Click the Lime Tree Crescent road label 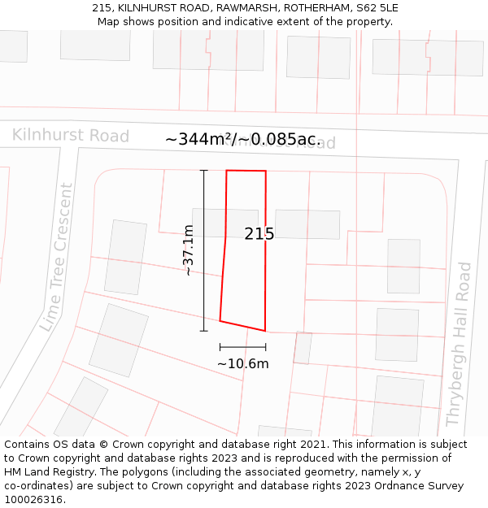tap(55, 257)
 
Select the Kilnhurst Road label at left tap(70, 135)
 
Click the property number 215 tap(259, 234)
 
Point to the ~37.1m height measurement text tap(188, 250)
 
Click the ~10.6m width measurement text tap(242, 363)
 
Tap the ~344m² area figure tap(198, 140)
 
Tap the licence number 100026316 tap(35, 500)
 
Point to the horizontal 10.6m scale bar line tap(242, 347)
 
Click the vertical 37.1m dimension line tap(203, 250)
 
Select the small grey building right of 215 tap(307, 224)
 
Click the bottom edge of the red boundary tap(242, 326)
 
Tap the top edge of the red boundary tap(246, 171)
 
